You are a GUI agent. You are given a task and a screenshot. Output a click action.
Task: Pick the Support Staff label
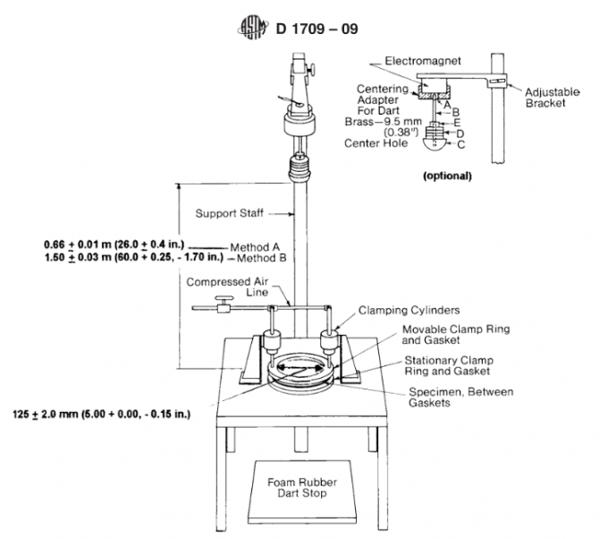pyautogui.click(x=227, y=213)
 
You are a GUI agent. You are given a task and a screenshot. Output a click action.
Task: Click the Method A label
pyautogui.click(x=256, y=244)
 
